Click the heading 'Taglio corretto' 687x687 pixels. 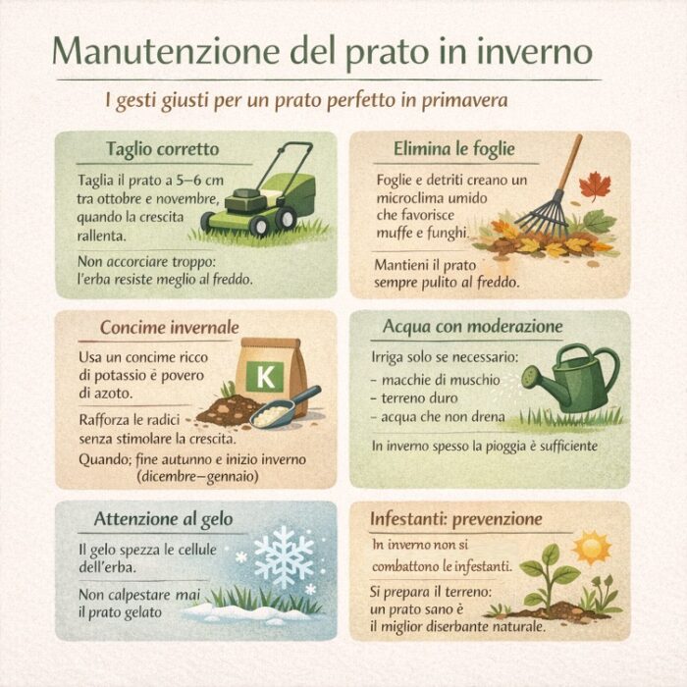[x=163, y=149]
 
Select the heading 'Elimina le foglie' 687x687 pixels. [x=453, y=149]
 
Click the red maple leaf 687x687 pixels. [x=595, y=185]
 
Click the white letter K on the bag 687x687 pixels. [x=265, y=376]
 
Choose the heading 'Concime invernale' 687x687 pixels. [x=170, y=327]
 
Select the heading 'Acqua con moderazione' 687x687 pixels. [x=472, y=327]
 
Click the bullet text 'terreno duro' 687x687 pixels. [x=419, y=398]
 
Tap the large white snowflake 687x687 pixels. [x=284, y=556]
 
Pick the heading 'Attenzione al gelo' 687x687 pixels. [x=163, y=519]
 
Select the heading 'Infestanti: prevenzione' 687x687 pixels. [x=456, y=519]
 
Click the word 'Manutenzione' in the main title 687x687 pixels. [x=166, y=51]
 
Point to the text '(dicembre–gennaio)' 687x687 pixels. [x=197, y=476]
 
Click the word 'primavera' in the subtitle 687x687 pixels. [x=464, y=100]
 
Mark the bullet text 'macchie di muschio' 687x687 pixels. [x=441, y=380]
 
